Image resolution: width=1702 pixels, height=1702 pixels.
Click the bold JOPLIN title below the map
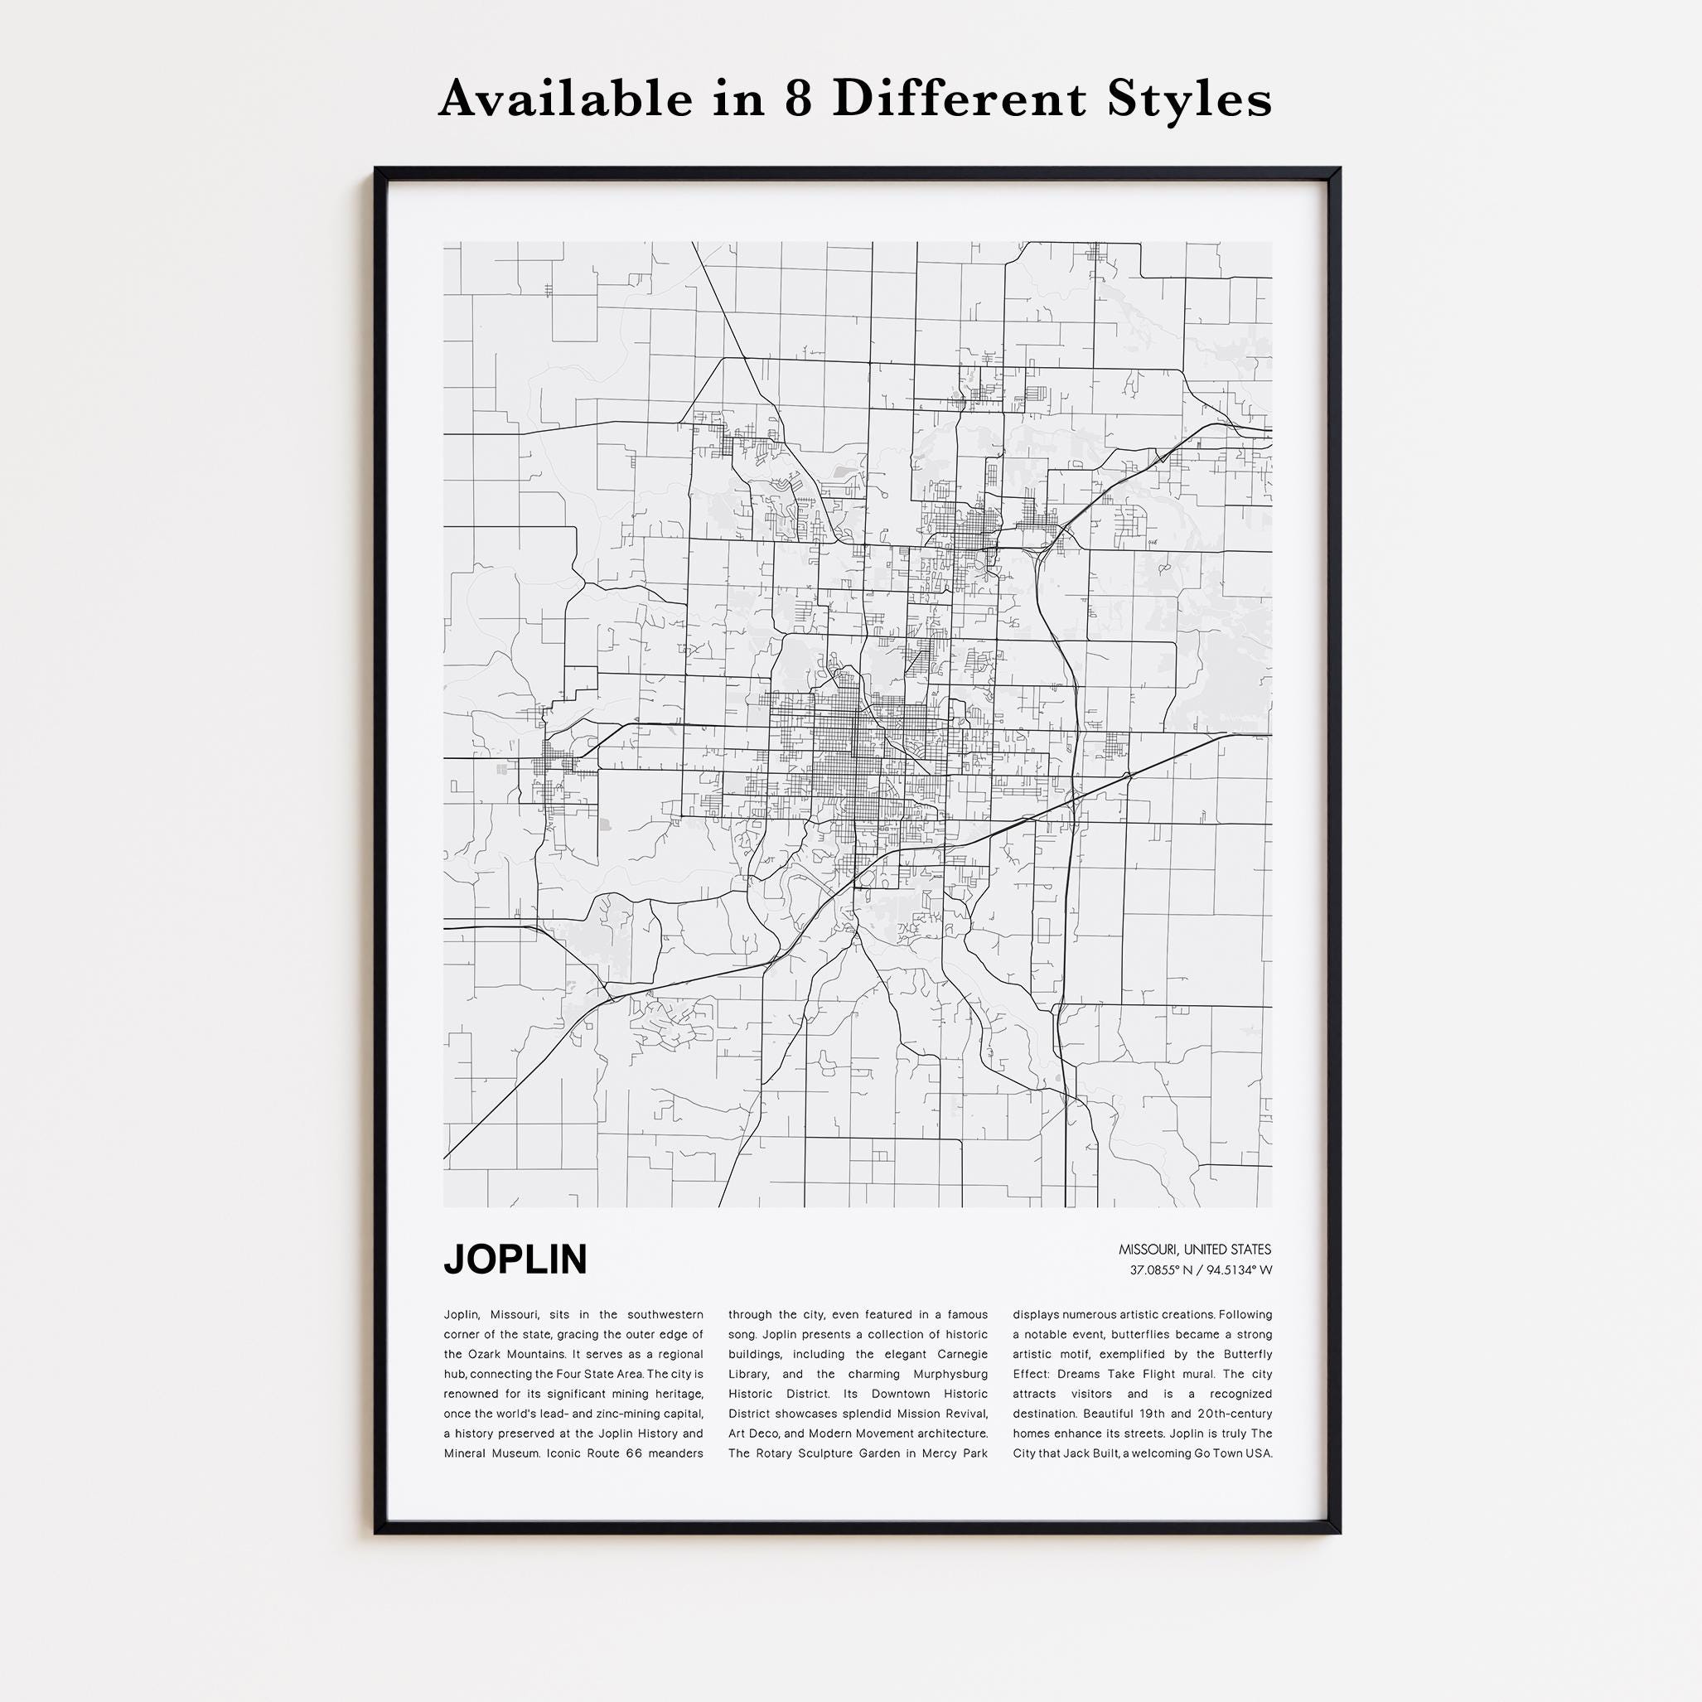click(515, 1260)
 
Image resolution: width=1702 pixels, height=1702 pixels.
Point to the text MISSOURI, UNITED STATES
click(1195, 1250)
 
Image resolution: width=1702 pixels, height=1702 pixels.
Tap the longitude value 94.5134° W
click(1240, 1270)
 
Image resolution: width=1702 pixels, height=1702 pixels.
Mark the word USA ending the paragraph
click(1260, 1453)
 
